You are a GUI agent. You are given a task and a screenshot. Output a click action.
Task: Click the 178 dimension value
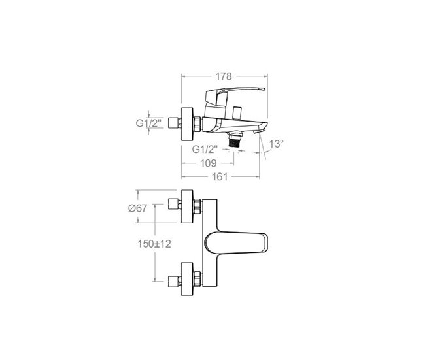pos(224,76)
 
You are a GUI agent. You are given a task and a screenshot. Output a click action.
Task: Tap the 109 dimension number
pos(209,163)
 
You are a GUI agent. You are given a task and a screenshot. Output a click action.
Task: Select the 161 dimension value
pos(220,177)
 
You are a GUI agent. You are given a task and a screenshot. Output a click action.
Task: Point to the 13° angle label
pos(276,144)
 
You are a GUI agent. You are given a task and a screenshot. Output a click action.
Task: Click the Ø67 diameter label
pos(137,208)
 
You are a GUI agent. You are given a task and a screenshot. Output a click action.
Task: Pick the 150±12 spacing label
pos(154,244)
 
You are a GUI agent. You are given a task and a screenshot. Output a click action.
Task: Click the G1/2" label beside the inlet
pos(148,123)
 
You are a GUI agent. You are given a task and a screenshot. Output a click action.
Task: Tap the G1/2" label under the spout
pos(205,149)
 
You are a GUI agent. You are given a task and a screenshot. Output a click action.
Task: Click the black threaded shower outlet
pos(235,142)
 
